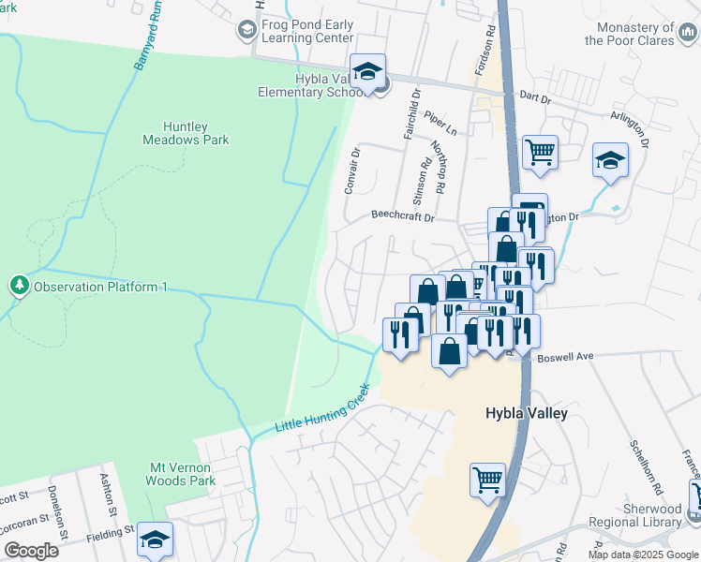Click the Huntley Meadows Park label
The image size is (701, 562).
[186, 133]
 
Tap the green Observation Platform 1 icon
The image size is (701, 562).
[18, 286]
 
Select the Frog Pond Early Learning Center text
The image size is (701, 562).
[307, 32]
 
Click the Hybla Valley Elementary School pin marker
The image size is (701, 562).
[368, 71]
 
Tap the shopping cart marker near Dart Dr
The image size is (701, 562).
[540, 151]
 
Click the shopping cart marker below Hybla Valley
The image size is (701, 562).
[487, 481]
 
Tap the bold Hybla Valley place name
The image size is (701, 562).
[527, 413]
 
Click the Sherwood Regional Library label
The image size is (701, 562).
[632, 529]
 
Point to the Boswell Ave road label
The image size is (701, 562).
[568, 357]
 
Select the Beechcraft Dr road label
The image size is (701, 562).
[403, 216]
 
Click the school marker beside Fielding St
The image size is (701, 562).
[156, 540]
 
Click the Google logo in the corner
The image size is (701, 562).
[31, 550]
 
